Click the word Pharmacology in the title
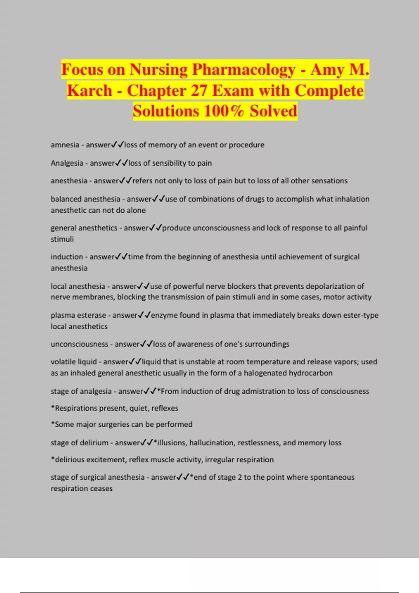click(x=243, y=69)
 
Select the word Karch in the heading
click(x=89, y=91)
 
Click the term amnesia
click(x=65, y=145)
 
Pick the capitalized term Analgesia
click(x=67, y=163)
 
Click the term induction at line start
click(x=67, y=257)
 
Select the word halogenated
click(x=265, y=373)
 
